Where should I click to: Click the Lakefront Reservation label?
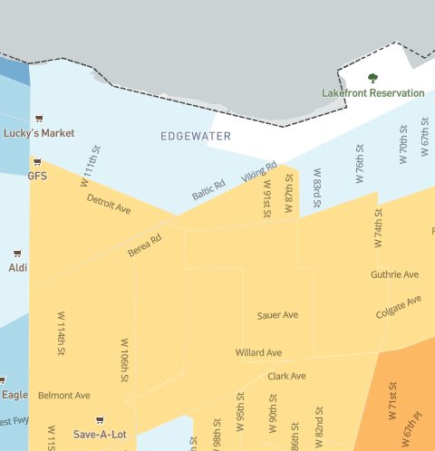point(372,93)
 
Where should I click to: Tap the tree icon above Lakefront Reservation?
point(372,79)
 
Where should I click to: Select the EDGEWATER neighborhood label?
point(196,137)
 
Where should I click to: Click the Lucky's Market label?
point(39,133)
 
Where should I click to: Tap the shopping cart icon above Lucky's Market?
point(39,119)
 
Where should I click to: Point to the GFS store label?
point(37,176)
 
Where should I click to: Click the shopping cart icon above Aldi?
point(17,254)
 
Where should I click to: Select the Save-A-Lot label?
point(100,435)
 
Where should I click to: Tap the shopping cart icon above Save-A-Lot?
point(100,420)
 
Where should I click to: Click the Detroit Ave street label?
point(109,203)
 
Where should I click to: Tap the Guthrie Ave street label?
point(394,274)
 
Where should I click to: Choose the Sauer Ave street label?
point(277,315)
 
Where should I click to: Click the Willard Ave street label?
point(258,352)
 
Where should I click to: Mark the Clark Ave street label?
point(286,376)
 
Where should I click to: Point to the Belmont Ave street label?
point(63,396)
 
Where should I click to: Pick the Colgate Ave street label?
point(399,307)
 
